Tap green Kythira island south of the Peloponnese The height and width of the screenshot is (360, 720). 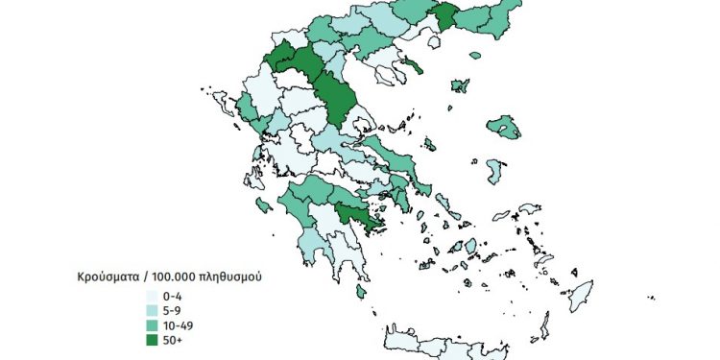(359, 291)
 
